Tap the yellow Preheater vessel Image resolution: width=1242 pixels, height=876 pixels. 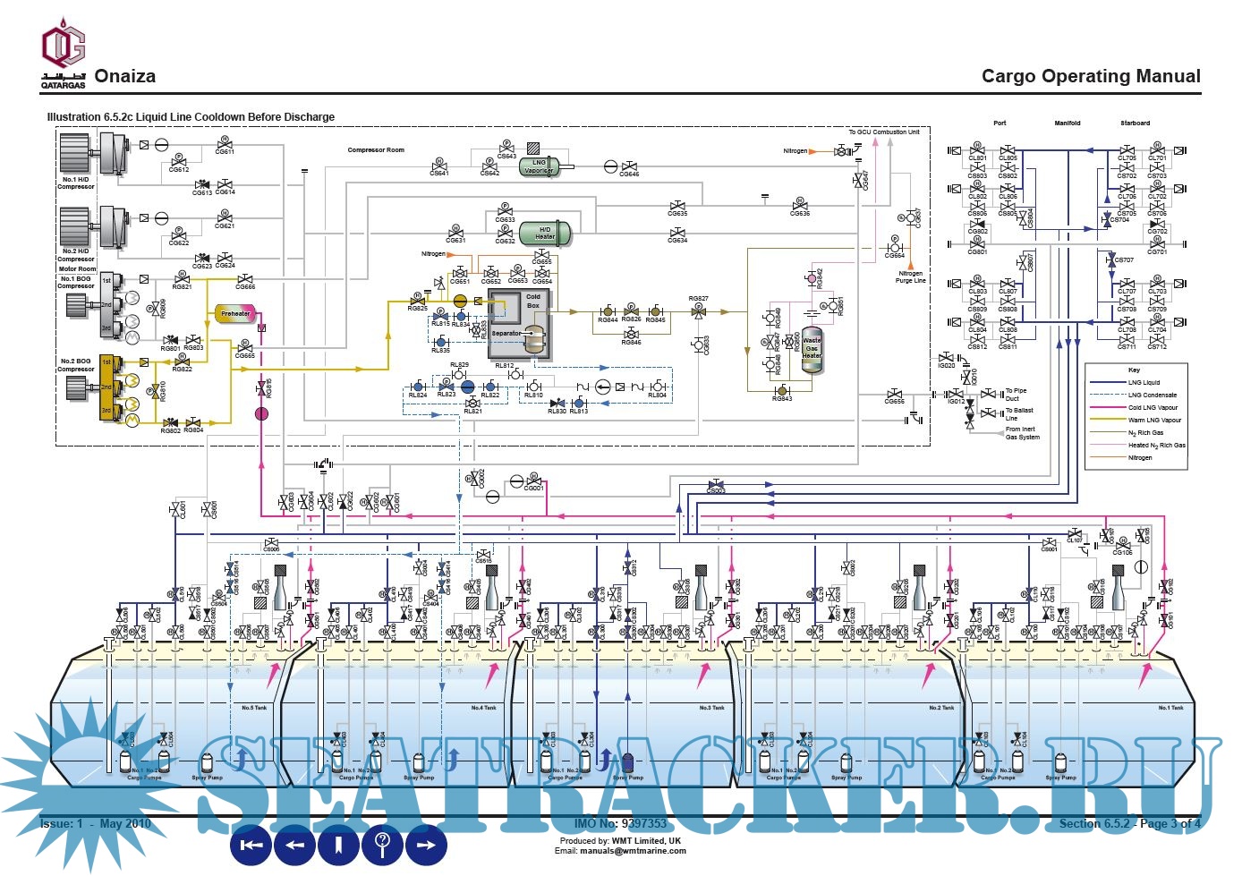click(x=235, y=313)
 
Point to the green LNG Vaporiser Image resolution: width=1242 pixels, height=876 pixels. click(x=540, y=166)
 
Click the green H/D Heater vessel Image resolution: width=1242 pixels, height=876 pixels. click(x=545, y=233)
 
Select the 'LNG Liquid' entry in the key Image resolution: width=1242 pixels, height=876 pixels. click(x=1144, y=382)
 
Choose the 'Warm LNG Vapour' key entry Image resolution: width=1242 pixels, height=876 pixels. click(x=1154, y=420)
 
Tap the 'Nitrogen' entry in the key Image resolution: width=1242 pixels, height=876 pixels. click(x=1140, y=457)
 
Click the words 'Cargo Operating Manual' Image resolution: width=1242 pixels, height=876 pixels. click(x=1091, y=76)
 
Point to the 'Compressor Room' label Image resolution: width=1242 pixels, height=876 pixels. click(x=376, y=150)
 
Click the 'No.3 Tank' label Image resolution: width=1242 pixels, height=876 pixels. click(x=711, y=708)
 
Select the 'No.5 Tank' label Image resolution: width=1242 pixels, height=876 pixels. click(x=254, y=708)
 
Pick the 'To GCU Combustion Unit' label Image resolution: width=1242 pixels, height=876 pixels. click(x=884, y=132)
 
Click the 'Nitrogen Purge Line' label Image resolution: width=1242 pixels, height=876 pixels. click(x=911, y=277)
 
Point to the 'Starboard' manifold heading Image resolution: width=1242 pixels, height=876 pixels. click(x=1135, y=123)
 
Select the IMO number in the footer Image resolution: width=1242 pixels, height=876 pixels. click(x=620, y=823)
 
